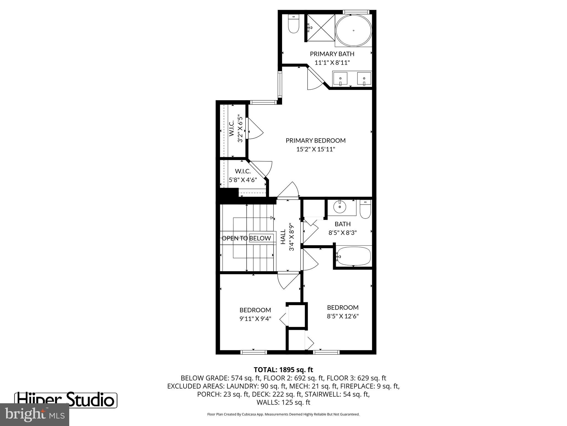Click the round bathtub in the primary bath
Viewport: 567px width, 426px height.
[354, 31]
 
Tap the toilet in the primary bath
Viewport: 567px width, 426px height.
[293, 24]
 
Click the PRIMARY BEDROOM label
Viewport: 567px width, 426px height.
[316, 141]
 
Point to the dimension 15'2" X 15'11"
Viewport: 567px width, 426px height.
[316, 149]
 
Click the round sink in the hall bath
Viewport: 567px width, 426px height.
[340, 207]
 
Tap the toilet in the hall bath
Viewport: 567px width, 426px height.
[365, 209]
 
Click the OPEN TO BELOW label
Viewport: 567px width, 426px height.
[246, 238]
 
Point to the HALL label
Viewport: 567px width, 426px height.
[283, 237]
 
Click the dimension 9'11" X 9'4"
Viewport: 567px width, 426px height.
[255, 319]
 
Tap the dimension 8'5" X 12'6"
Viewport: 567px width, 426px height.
[343, 316]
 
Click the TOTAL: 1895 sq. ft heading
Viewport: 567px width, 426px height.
[283, 370]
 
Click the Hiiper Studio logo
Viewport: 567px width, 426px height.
[66, 400]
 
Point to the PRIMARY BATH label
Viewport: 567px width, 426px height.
[332, 54]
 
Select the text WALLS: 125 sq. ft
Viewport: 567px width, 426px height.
[283, 402]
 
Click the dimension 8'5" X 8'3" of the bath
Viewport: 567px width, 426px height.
[342, 233]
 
